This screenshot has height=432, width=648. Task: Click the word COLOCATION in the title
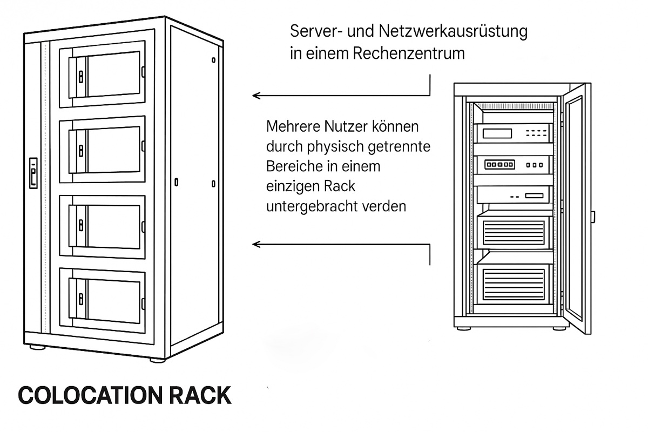click(x=90, y=395)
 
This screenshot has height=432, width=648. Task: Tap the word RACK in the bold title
click(x=200, y=395)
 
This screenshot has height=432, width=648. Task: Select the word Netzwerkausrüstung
click(x=453, y=31)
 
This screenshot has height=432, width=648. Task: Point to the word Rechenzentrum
click(x=408, y=53)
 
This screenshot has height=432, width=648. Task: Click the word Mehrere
click(x=292, y=126)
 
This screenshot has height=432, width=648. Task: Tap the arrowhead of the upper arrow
click(x=256, y=96)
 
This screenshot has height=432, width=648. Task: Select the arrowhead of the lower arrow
click(x=256, y=245)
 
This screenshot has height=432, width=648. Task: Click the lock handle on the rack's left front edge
click(x=33, y=173)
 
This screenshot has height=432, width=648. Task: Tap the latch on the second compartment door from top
click(x=81, y=151)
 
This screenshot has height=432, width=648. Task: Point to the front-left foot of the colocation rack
click(x=38, y=347)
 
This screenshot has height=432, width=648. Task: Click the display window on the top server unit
click(x=497, y=133)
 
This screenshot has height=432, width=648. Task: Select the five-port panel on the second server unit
click(x=500, y=165)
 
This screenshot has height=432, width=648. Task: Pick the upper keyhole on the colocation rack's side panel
click(x=213, y=60)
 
